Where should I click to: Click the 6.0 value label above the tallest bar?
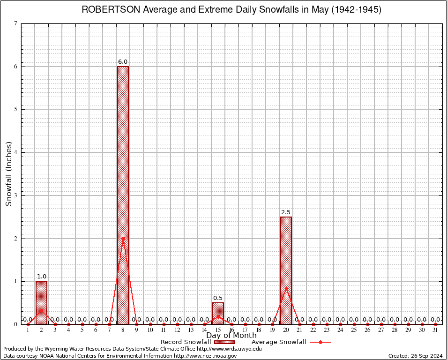[x=123, y=62]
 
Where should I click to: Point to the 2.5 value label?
[x=286, y=212]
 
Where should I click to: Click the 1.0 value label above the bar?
[x=42, y=277]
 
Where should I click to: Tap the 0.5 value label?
[x=218, y=298]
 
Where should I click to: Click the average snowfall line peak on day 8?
[x=123, y=238]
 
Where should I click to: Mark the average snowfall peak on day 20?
[x=286, y=288]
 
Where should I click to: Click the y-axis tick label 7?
[x=16, y=23]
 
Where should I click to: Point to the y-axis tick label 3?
[x=16, y=195]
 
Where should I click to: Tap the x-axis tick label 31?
[x=435, y=330]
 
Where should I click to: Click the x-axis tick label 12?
[x=177, y=330]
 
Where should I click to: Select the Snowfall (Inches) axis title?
[x=9, y=174]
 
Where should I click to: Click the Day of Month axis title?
[x=231, y=336]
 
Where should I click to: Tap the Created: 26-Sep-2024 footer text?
[x=416, y=356]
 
